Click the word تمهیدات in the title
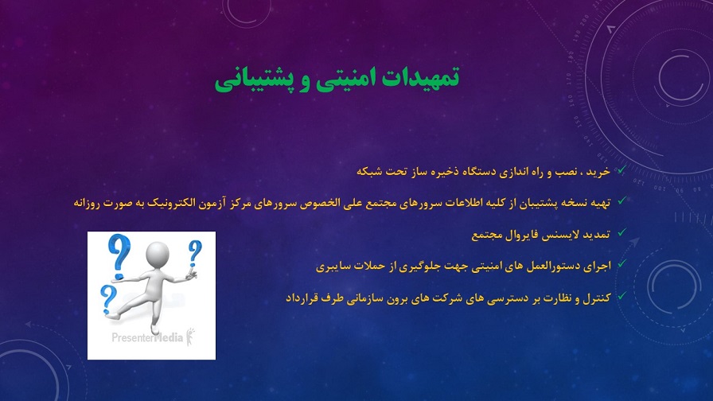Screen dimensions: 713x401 pyautogui.click(x=421, y=77)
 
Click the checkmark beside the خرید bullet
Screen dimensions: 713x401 pyautogui.click(x=621, y=170)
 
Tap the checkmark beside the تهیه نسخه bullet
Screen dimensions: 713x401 pyautogui.click(x=621, y=200)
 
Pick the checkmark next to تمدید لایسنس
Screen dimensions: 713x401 pyautogui.click(x=621, y=232)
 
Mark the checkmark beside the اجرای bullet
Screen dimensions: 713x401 pyautogui.click(x=621, y=263)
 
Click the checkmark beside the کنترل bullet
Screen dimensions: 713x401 pyautogui.click(x=621, y=296)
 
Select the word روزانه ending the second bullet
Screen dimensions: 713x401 pyautogui.click(x=87, y=203)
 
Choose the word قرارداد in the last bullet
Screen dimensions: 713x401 pyautogui.click(x=301, y=298)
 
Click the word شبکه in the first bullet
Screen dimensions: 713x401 pyautogui.click(x=368, y=172)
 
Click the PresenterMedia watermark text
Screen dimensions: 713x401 pyautogui.click(x=147, y=337)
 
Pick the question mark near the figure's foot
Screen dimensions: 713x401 pyautogui.click(x=108, y=298)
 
